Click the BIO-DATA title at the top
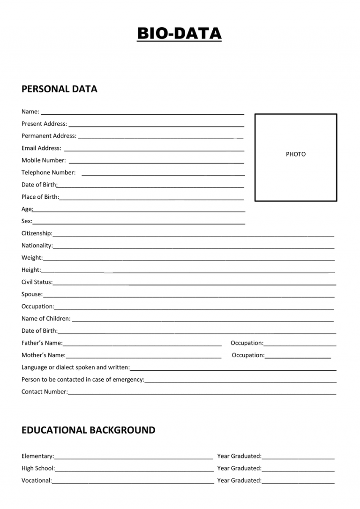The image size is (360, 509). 179,34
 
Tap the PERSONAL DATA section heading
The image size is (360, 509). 60,89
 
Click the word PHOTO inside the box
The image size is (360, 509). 296,154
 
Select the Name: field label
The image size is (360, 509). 30,112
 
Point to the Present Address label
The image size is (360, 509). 44,124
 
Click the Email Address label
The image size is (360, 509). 41,148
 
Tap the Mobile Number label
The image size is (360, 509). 44,160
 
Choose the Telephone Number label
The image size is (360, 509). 48,172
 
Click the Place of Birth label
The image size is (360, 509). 40,197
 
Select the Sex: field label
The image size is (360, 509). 27,221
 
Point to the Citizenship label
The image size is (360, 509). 37,233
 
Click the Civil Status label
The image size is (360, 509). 37,282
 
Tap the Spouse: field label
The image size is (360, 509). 32,294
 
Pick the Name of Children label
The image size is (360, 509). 46,319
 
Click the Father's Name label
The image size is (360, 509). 42,343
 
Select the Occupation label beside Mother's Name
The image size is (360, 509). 248,355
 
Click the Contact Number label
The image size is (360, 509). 45,392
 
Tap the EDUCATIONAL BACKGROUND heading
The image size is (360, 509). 88,430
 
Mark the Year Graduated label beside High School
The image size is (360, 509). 239,468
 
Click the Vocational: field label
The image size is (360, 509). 37,480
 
